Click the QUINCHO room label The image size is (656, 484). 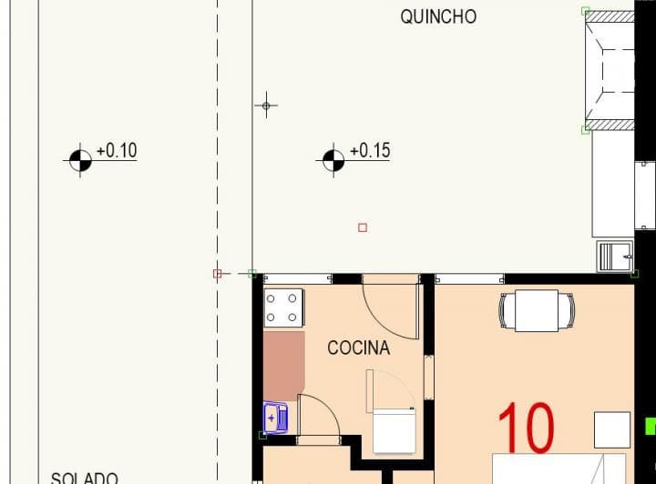pyautogui.click(x=438, y=16)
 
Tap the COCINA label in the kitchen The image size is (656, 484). pyautogui.click(x=358, y=348)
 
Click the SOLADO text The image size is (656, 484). pyautogui.click(x=84, y=477)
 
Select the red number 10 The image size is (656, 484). pyautogui.click(x=527, y=428)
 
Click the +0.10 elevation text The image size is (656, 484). pyautogui.click(x=116, y=151)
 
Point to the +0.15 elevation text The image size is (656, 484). pyautogui.click(x=369, y=151)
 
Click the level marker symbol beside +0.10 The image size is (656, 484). pyautogui.click(x=80, y=160)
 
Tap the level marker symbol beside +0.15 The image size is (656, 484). pyautogui.click(x=333, y=160)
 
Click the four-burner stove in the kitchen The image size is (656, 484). pyautogui.click(x=282, y=308)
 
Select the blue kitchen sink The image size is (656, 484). pyautogui.click(x=275, y=418)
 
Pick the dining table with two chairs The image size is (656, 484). pyautogui.click(x=537, y=310)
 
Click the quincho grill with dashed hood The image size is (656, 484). pyautogui.click(x=610, y=69)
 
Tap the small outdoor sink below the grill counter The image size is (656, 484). pyautogui.click(x=615, y=257)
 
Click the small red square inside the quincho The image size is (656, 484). pyautogui.click(x=363, y=227)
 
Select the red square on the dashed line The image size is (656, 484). pyautogui.click(x=217, y=273)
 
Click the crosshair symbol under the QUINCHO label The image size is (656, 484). pyautogui.click(x=266, y=106)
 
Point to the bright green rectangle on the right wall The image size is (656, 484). pyautogui.click(x=650, y=425)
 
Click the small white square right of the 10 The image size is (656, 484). pyautogui.click(x=612, y=429)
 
